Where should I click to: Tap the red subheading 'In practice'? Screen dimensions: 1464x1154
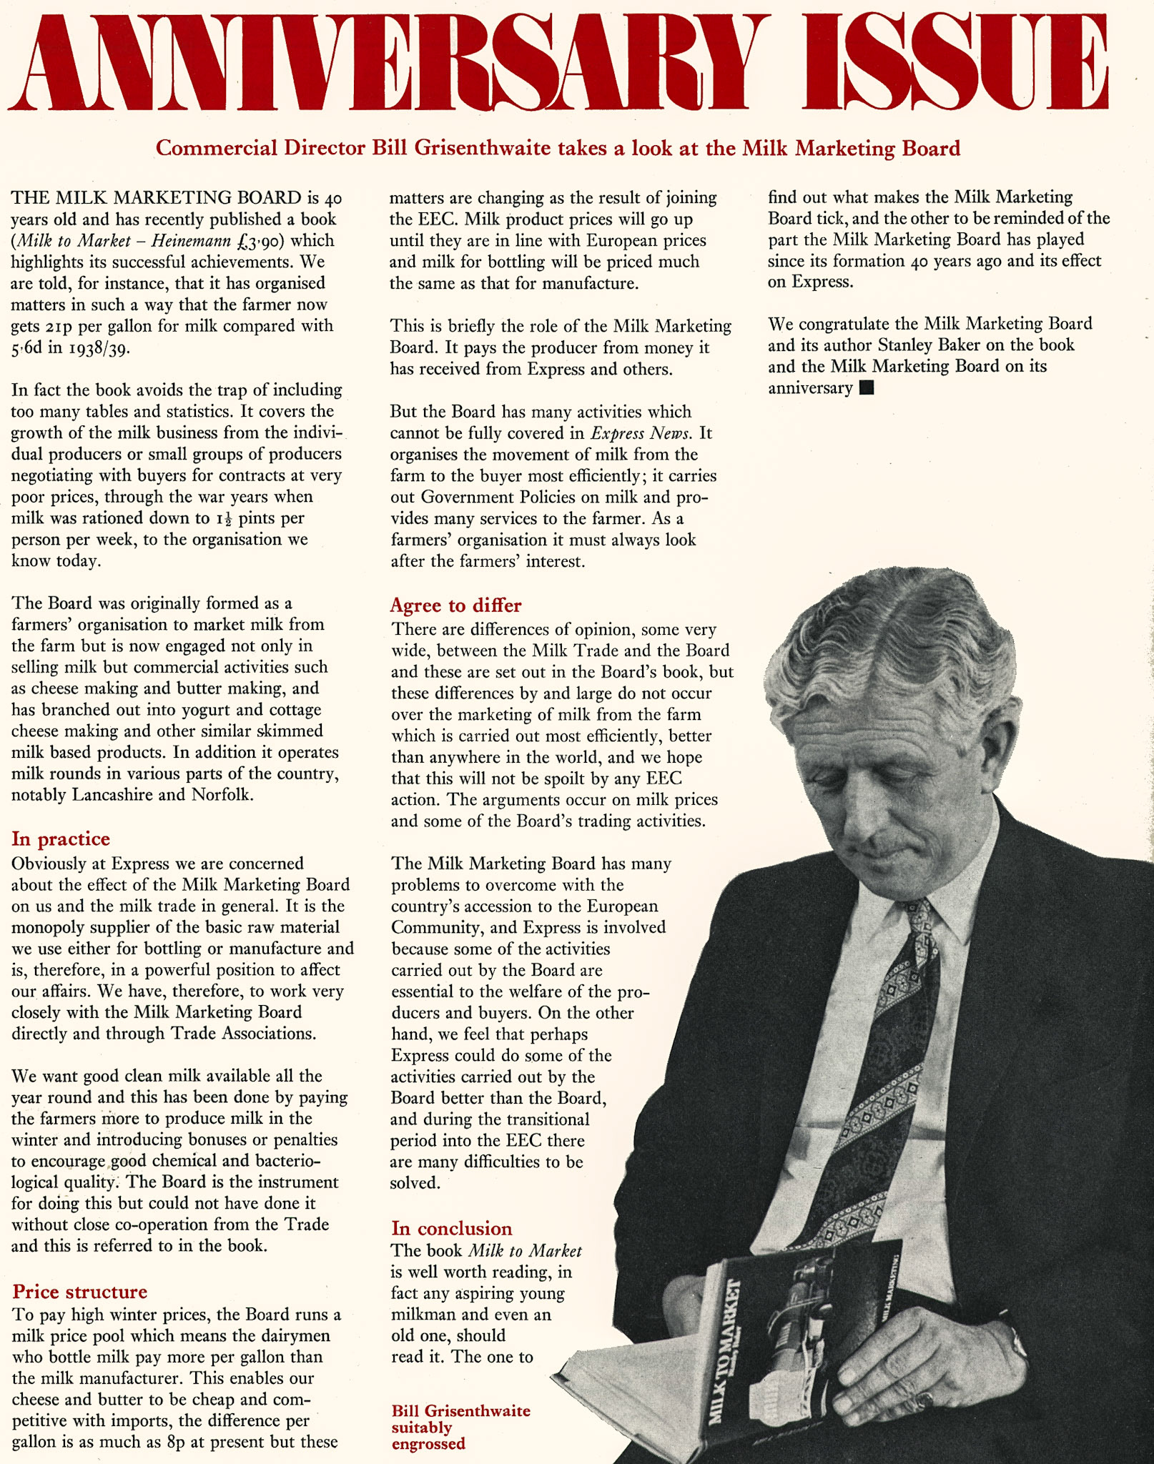coord(61,839)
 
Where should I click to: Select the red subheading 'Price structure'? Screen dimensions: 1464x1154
coord(79,1291)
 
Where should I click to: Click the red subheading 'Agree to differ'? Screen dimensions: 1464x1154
coord(455,605)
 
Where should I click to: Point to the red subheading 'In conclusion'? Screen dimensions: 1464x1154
coord(451,1228)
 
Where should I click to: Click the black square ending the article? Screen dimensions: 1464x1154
coord(867,388)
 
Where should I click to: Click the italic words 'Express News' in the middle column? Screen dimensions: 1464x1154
coord(641,433)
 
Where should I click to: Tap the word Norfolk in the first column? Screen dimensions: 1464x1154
coord(222,795)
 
